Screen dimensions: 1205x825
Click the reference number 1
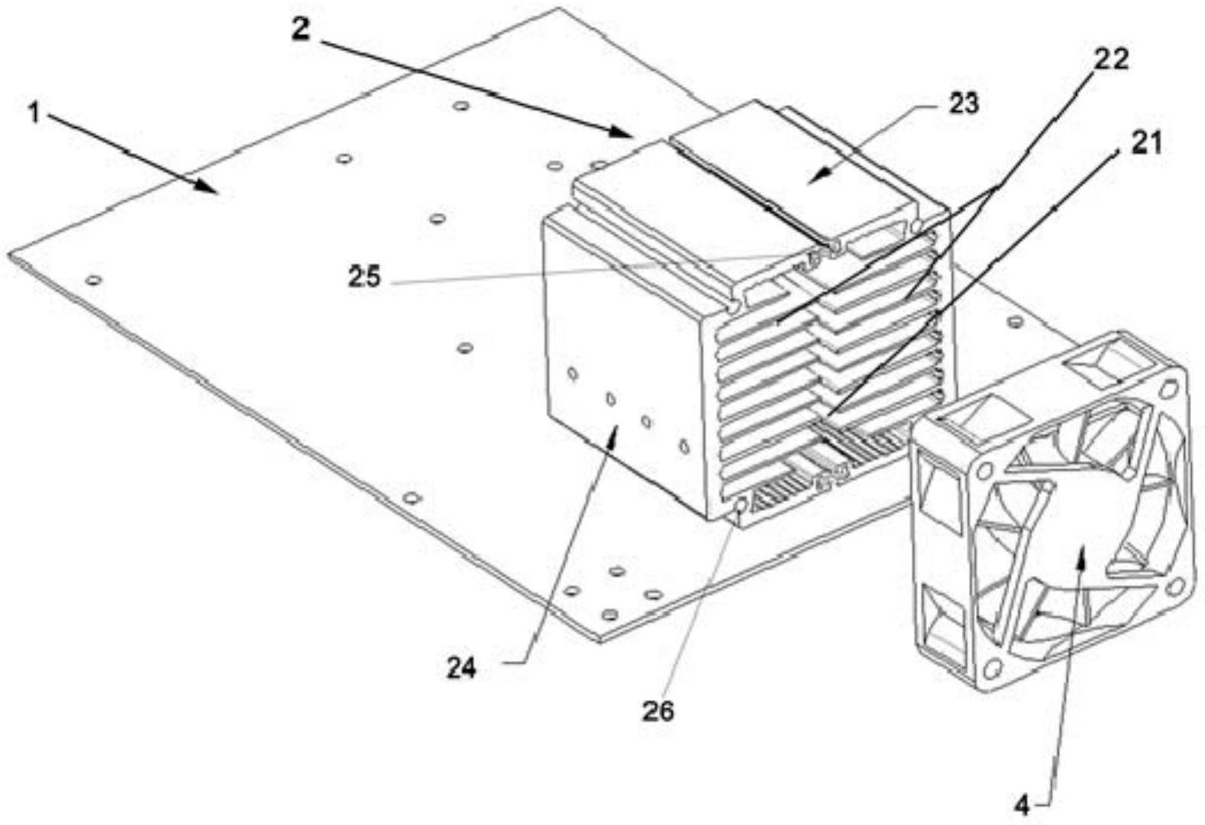34,113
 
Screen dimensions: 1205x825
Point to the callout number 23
963,104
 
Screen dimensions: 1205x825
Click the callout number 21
1145,143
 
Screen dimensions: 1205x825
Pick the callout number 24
462,668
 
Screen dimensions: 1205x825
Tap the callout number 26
658,711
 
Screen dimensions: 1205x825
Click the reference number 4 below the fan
1022,804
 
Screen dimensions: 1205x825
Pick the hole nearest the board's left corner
94,280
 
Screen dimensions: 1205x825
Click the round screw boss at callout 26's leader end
740,507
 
